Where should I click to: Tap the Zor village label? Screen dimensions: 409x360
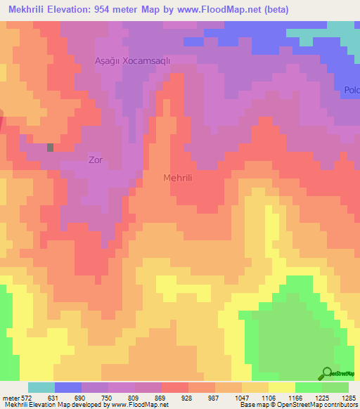tap(96, 160)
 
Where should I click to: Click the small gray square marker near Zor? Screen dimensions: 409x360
tap(51, 148)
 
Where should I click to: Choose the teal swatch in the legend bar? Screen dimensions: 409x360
tap(41, 387)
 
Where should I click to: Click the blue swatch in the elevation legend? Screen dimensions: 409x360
tap(67, 387)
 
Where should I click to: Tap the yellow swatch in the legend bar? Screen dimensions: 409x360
tap(281, 387)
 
